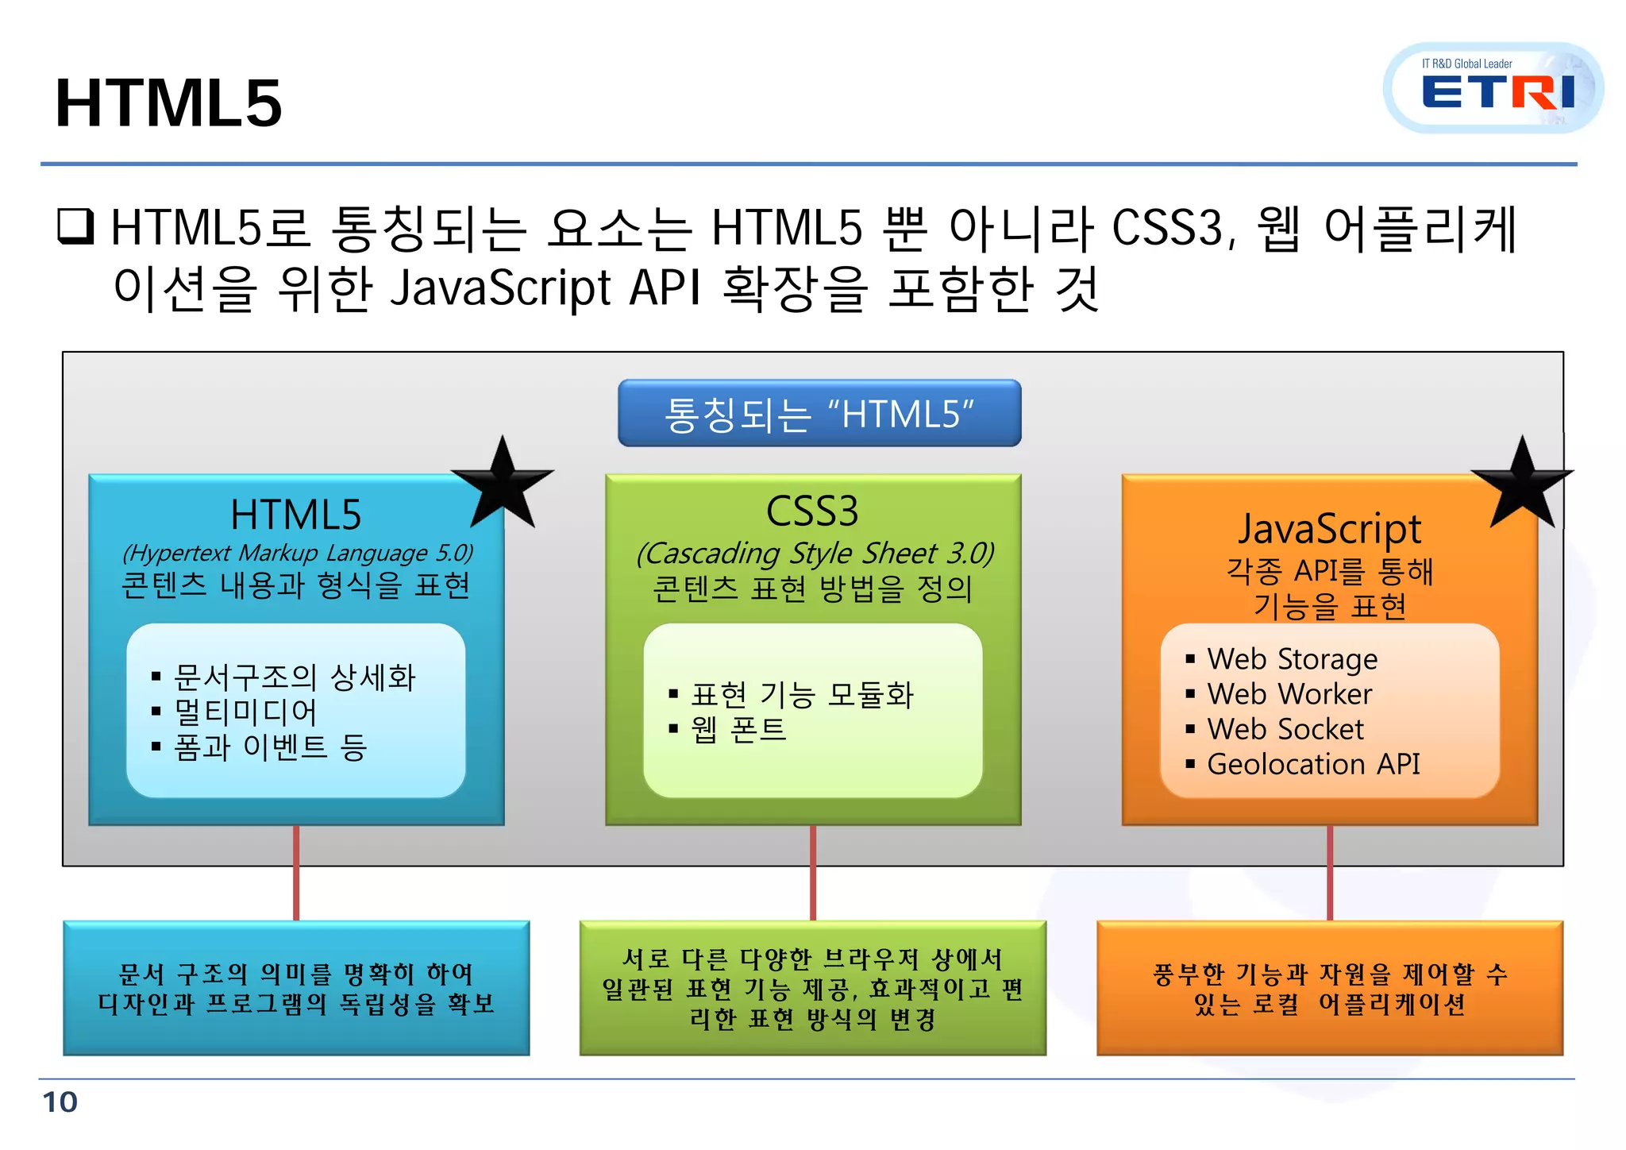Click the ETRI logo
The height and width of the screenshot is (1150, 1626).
(1493, 88)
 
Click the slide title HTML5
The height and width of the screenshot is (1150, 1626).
(168, 103)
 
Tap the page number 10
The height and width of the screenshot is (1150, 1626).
(60, 1102)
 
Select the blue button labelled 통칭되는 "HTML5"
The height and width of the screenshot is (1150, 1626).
(819, 414)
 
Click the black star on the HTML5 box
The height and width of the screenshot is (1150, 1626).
(503, 483)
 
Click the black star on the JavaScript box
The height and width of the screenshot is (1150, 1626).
(1522, 483)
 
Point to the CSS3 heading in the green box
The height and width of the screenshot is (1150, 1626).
(812, 511)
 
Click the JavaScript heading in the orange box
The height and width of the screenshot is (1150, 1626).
(1329, 529)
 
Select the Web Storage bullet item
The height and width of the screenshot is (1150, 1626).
(1292, 659)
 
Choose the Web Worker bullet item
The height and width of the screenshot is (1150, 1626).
(1289, 694)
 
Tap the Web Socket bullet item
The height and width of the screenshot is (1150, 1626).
(1285, 729)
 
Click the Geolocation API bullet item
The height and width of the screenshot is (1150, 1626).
(1312, 764)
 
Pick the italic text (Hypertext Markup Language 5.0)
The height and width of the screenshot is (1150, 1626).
(298, 553)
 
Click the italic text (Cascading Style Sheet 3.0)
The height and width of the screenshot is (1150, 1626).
(815, 553)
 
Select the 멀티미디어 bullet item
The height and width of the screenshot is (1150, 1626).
(245, 712)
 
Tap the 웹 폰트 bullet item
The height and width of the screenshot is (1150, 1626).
(738, 729)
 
